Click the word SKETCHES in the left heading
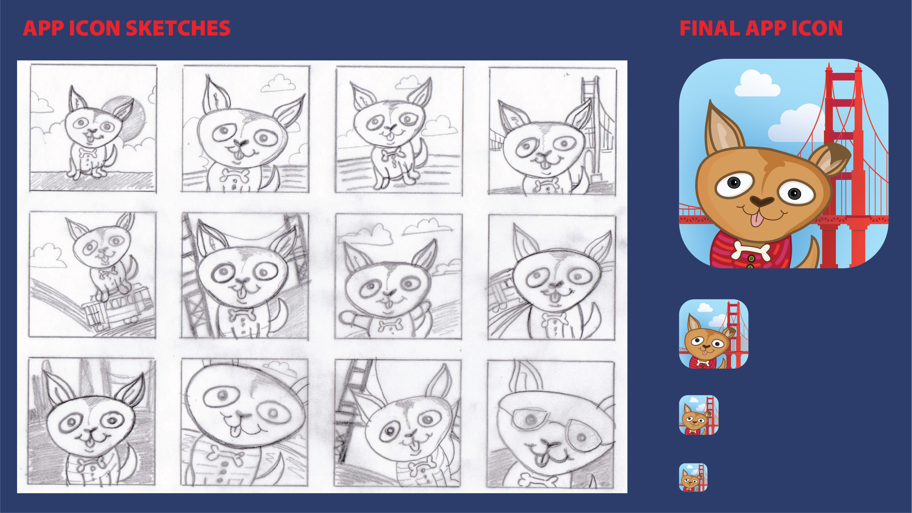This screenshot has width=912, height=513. point(178,28)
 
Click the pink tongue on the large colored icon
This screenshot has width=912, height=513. point(757,219)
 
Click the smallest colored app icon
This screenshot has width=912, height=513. point(693,477)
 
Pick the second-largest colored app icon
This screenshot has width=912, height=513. point(713,334)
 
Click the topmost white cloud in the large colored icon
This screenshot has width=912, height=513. point(757,84)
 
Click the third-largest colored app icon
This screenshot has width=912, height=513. point(699,415)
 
